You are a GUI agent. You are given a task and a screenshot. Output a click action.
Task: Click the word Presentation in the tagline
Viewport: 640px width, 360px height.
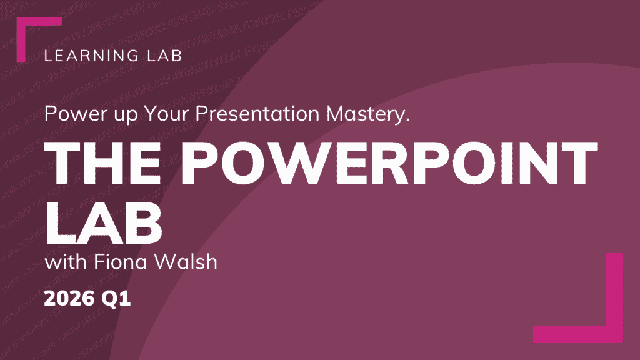click(x=257, y=113)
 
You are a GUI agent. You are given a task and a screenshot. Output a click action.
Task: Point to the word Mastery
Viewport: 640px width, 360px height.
click(x=367, y=114)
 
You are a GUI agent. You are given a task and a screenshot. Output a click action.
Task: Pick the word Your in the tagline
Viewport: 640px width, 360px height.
click(x=166, y=113)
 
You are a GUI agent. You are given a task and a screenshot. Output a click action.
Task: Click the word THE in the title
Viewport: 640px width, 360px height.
click(x=102, y=163)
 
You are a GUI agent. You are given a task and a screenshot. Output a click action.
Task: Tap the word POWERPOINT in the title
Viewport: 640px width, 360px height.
click(x=389, y=163)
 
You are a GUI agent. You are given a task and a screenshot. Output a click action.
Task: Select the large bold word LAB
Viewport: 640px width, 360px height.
click(x=103, y=223)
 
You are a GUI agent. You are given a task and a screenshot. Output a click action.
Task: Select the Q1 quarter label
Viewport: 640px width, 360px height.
click(x=116, y=299)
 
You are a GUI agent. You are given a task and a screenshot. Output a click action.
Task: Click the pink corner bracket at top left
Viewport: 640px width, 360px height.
click(x=21, y=39)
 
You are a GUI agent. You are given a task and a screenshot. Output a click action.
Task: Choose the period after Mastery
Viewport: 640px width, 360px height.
click(x=407, y=120)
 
